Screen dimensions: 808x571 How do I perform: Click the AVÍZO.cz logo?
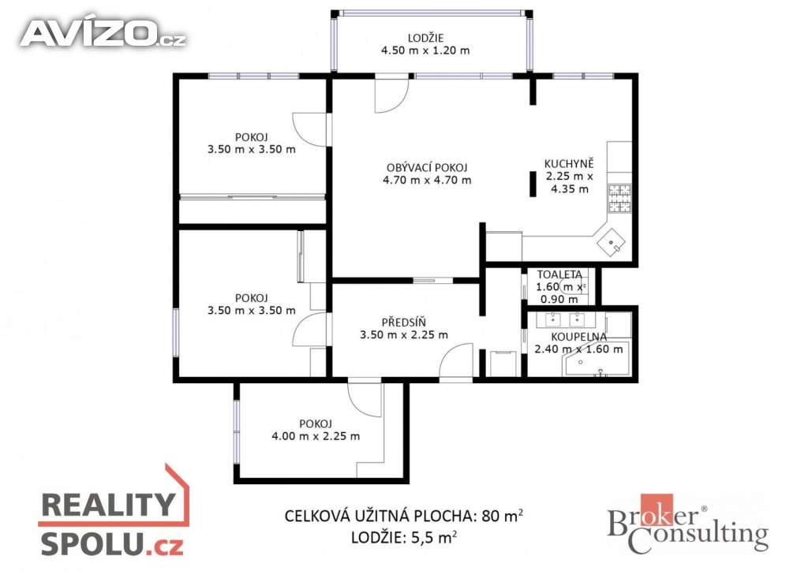(x=103, y=33)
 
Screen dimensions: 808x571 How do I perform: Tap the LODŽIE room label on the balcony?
(x=425, y=38)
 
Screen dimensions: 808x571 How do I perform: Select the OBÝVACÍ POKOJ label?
(x=427, y=167)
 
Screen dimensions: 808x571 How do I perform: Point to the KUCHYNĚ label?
(x=569, y=164)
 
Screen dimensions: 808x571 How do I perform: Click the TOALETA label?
(x=559, y=274)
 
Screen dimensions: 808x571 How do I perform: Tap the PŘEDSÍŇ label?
(x=404, y=323)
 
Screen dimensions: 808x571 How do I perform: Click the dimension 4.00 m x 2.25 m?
(x=316, y=436)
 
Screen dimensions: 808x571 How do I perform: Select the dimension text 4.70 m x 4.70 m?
(x=427, y=180)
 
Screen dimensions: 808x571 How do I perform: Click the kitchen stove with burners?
(x=620, y=199)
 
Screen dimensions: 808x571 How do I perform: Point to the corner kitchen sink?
(x=612, y=243)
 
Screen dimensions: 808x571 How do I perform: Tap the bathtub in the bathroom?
(x=597, y=358)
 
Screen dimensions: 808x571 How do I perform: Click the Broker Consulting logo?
(x=688, y=524)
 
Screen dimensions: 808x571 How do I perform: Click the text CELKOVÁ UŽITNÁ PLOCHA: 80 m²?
(x=404, y=515)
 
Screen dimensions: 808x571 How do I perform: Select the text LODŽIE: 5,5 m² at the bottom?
(x=404, y=537)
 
